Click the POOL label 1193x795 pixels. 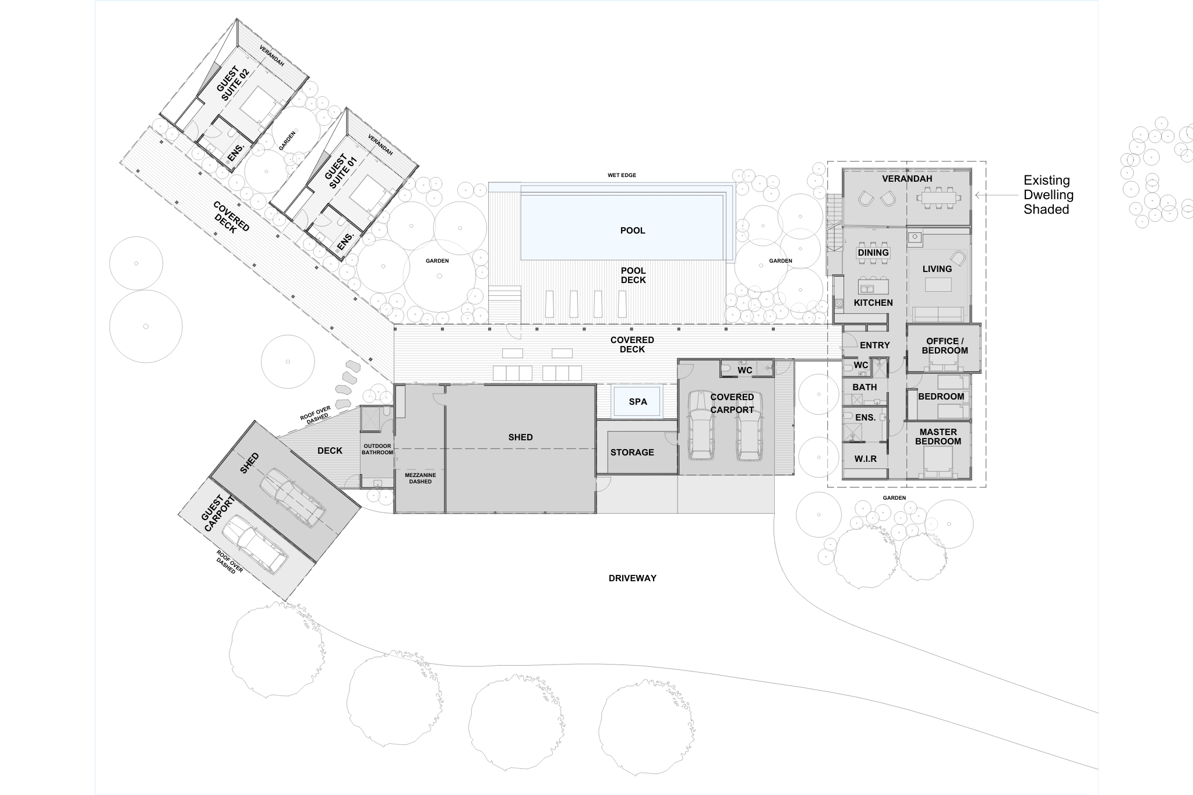[633, 231]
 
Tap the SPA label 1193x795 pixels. [638, 402]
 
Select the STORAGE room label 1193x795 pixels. [632, 453]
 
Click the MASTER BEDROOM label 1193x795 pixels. [938, 437]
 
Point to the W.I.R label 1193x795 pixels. [866, 459]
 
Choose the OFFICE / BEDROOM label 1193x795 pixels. [944, 346]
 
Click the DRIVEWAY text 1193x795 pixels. [632, 578]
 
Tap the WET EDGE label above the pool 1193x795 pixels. [622, 175]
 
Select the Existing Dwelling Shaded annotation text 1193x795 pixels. [1048, 195]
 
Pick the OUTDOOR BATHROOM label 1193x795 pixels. [377, 449]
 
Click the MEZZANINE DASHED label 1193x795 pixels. [420, 478]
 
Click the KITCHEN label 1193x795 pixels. [873, 303]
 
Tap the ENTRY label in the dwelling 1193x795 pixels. [874, 345]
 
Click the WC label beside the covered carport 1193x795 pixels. [744, 370]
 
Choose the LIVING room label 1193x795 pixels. [937, 269]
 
